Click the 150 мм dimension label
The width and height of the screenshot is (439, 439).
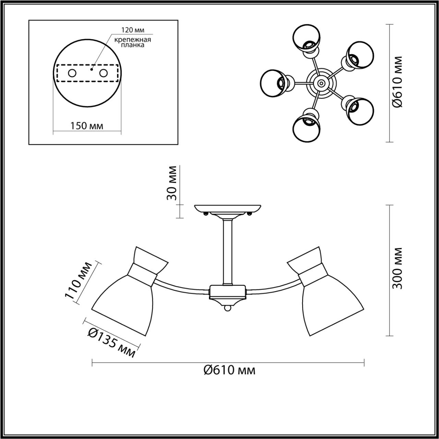point(87,126)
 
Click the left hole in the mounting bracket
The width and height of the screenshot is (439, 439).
point(72,73)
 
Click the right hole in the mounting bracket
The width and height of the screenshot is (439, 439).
point(103,73)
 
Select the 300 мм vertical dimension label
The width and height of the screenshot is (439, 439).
point(397,268)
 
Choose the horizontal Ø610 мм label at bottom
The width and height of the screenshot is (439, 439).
point(229,370)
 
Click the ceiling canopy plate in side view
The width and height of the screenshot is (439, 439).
point(228,209)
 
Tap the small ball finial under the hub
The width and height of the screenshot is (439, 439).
point(227,309)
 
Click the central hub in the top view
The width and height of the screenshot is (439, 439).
point(321,83)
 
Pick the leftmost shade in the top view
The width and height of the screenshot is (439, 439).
point(273,83)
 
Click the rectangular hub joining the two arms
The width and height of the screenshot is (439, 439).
point(227,292)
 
